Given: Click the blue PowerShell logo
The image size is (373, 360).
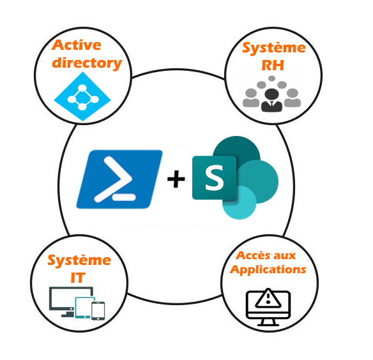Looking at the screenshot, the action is click(119, 179).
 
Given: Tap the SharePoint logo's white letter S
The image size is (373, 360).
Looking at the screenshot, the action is click(215, 178).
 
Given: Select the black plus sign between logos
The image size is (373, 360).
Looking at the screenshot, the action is click(176, 179).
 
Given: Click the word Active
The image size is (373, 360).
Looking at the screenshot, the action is click(77, 45).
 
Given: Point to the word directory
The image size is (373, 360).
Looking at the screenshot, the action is click(87, 63).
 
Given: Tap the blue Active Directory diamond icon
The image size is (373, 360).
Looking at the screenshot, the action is click(82, 96).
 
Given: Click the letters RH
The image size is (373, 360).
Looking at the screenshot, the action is click(273, 65).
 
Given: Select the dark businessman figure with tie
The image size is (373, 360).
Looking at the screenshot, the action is click(271, 100).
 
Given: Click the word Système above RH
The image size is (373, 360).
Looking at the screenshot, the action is click(274, 49).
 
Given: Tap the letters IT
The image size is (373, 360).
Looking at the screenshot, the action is click(78, 278).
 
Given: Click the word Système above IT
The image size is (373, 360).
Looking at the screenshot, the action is click(79, 260).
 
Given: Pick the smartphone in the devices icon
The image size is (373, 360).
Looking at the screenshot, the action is click(98, 311).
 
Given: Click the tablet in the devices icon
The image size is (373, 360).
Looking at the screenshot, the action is click(85, 308).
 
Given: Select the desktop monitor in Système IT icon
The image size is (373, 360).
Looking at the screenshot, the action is click(71, 299).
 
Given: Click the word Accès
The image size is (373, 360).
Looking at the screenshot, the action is click(253, 255).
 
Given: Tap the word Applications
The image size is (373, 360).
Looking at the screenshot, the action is click(268, 270).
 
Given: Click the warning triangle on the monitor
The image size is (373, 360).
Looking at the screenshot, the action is click(268, 299).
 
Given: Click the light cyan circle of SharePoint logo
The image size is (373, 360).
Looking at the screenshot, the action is click(240, 202).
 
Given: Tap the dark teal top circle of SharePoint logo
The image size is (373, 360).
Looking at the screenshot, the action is click(236, 150).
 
